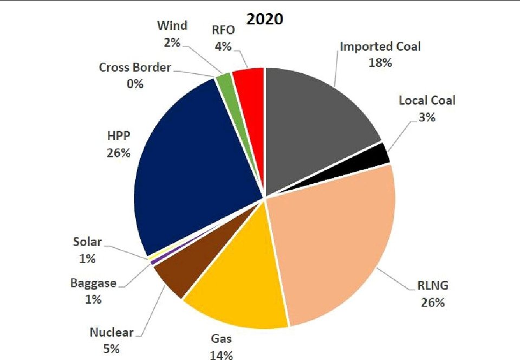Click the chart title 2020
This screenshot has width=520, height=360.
click(265, 19)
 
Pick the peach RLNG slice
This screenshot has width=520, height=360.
click(336, 239)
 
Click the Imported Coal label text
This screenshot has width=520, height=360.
click(380, 46)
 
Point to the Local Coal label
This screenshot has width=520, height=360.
click(427, 100)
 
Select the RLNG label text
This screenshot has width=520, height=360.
click(433, 287)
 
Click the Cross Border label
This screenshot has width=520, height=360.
click(135, 68)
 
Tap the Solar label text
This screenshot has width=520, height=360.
click(87, 242)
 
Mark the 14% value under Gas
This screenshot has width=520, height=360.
click(221, 355)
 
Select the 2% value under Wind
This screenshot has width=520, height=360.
click(172, 41)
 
